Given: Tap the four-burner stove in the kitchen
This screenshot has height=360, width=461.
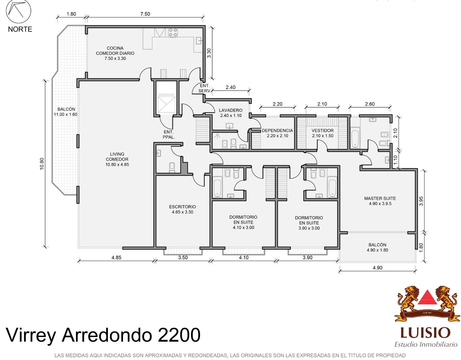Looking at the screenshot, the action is [173, 32].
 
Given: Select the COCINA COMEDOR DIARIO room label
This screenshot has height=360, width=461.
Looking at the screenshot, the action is [115, 53].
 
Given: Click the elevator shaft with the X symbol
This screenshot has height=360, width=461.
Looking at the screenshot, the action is [167, 105].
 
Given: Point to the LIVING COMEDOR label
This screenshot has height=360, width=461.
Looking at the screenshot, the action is [117, 159].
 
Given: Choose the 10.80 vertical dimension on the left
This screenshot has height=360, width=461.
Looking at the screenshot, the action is [42, 164].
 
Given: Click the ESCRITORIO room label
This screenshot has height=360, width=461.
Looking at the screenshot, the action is [182, 209].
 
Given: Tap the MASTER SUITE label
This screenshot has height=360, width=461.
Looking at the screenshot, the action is [380, 201].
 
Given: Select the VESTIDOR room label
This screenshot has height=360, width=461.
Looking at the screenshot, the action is [322, 133].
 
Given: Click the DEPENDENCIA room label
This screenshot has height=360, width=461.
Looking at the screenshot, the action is [277, 133].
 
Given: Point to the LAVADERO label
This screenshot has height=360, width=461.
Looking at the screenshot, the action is [231, 113].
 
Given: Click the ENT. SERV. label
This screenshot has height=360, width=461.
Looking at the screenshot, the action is [205, 88].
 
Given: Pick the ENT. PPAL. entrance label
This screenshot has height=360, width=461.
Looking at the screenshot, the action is [169, 134].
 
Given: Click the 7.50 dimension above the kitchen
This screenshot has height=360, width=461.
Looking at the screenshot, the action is [145, 14].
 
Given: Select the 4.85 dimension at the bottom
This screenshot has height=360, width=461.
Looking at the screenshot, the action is [116, 258].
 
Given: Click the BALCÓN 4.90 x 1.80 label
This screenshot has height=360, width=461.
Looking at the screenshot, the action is [377, 247].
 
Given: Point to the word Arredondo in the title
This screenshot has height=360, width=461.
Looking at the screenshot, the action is [107, 335].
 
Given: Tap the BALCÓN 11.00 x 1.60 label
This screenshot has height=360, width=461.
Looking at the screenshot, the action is [66, 112].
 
